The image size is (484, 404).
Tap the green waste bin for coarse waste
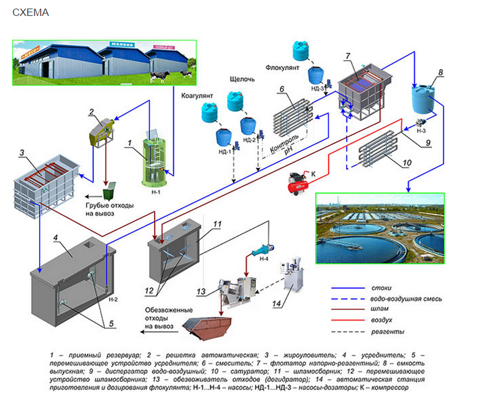pyautogui.click(x=109, y=192)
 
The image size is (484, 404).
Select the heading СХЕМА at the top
pyautogui.click(x=31, y=12)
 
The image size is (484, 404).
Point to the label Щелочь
pyautogui.click(x=242, y=80)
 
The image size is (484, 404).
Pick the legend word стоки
pyautogui.click(x=382, y=288)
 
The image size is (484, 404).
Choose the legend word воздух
pyautogui.click(x=383, y=321)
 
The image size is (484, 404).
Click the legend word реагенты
pyautogui.click(x=386, y=332)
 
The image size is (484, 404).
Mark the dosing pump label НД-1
pyautogui.click(x=224, y=151)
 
